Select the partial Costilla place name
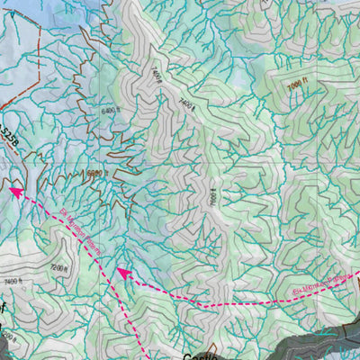[191, 355]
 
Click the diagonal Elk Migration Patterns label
[80, 229]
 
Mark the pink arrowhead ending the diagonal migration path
[15, 190]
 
